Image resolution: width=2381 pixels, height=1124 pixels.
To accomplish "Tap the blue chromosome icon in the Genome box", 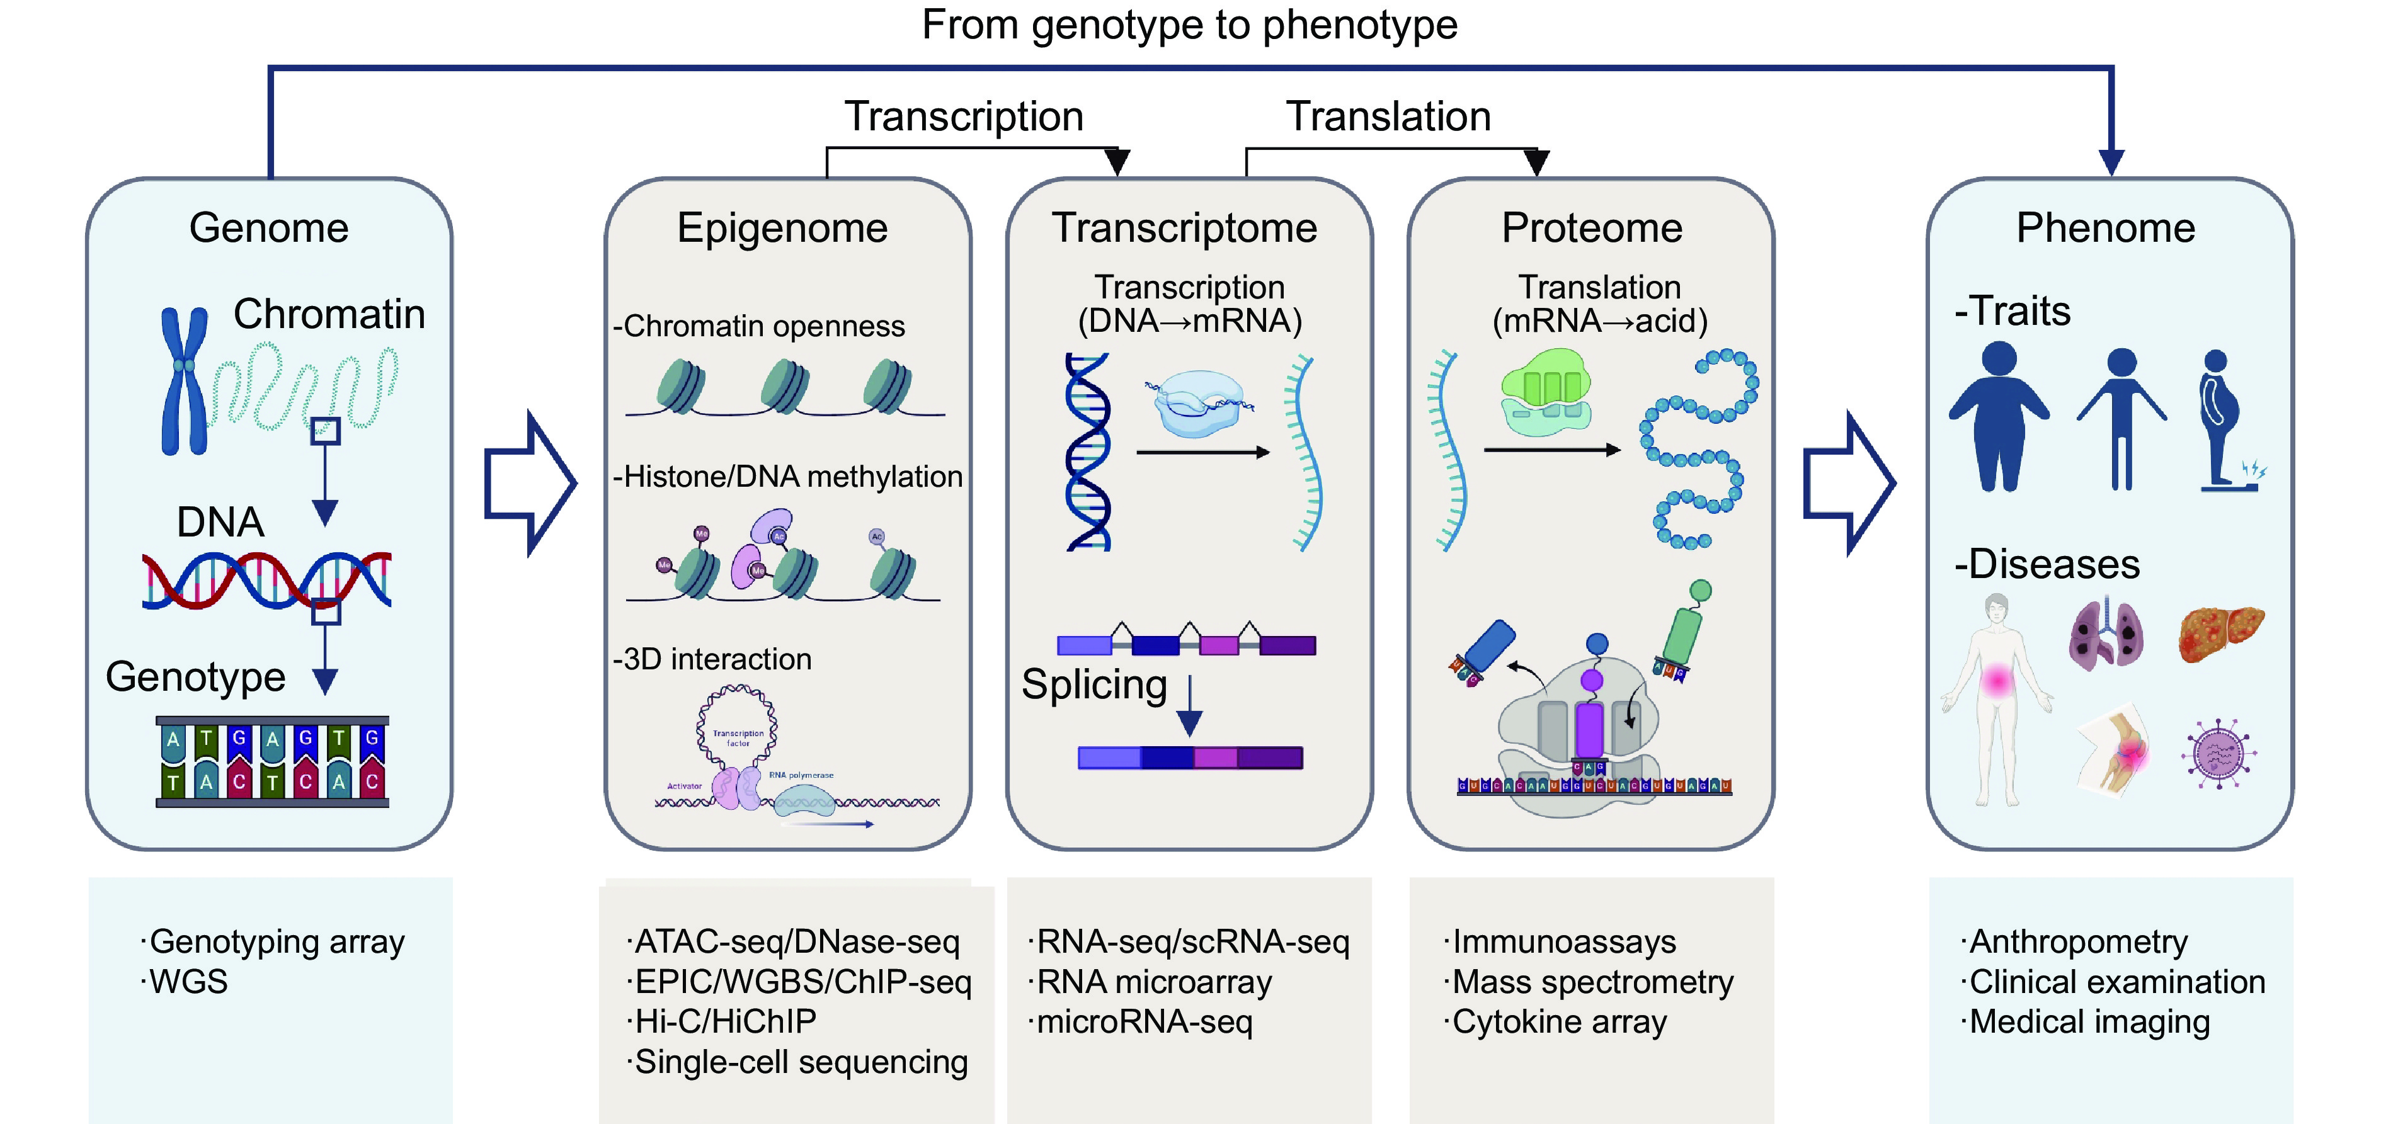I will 184,381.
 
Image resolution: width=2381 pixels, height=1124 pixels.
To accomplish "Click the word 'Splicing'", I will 1093,685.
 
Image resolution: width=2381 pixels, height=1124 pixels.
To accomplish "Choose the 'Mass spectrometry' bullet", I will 1592,982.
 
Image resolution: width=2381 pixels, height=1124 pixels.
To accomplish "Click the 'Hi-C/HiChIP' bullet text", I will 726,1021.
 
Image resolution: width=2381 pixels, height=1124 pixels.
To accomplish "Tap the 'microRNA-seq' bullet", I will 1145,1021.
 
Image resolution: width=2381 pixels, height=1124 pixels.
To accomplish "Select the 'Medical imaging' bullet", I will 2089,1021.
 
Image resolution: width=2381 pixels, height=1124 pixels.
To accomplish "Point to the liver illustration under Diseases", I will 2221,633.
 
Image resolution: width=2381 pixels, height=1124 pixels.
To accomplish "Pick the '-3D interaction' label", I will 712,659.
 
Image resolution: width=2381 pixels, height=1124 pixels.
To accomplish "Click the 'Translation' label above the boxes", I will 1388,116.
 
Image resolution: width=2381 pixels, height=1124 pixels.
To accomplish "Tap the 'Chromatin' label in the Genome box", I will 329,314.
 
